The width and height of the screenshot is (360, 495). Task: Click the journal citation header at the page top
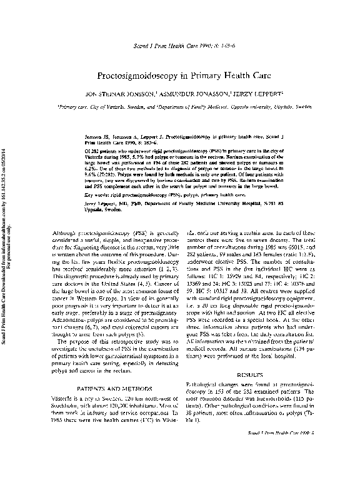coord(180,47)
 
